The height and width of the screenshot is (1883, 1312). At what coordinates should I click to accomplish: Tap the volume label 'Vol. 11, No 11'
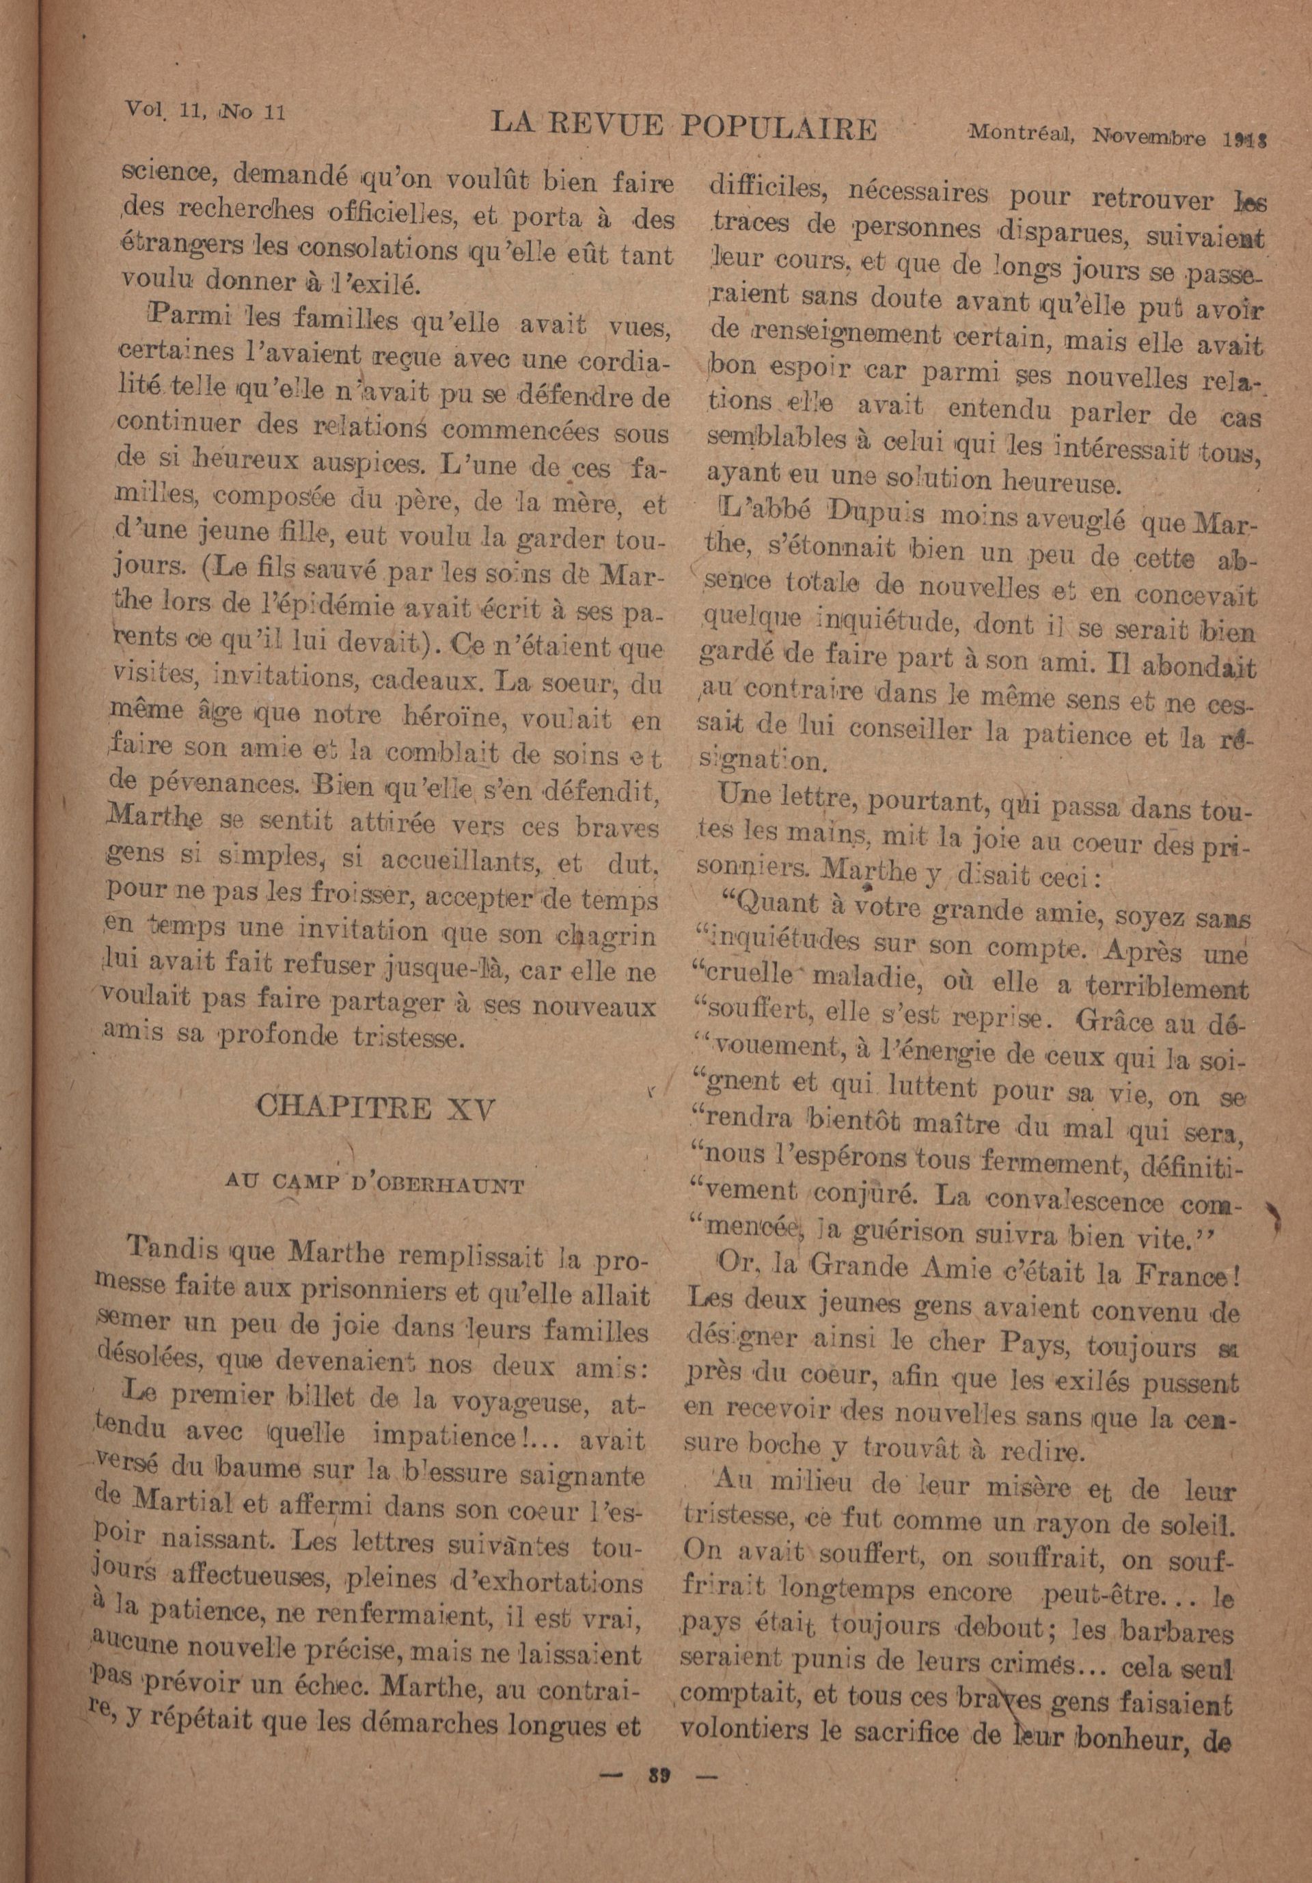tap(204, 110)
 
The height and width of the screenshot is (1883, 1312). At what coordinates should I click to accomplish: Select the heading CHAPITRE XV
tap(376, 1109)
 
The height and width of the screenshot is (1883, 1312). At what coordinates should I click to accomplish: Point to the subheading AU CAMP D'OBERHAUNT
tap(374, 1186)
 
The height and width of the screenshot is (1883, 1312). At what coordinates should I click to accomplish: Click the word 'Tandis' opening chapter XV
tap(172, 1250)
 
